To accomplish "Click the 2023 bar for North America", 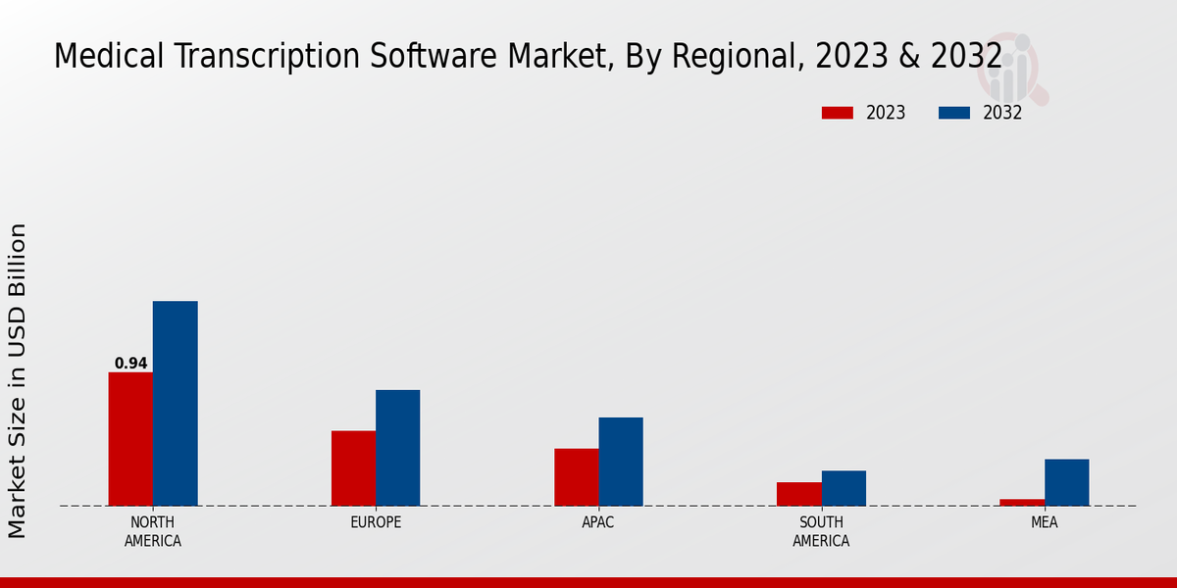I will click(x=130, y=439).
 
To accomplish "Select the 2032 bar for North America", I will click(x=175, y=404).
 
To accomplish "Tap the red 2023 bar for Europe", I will click(x=353, y=468).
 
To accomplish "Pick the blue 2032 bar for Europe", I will click(x=397, y=448).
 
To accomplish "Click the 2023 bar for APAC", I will click(x=576, y=477).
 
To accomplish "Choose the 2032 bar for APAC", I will click(x=621, y=462).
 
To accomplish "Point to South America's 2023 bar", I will click(x=798, y=494).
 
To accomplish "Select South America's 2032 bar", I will click(x=844, y=488).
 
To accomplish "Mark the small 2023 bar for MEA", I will click(x=1022, y=502).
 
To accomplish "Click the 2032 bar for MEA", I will click(x=1066, y=482).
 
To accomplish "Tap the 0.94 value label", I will click(x=130, y=364).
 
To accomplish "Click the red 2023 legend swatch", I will click(x=837, y=113).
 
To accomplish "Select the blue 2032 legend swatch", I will click(x=953, y=113).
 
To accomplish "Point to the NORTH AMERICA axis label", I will click(x=153, y=531).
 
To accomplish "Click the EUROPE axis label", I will click(x=376, y=522).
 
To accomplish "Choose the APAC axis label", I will click(x=598, y=522).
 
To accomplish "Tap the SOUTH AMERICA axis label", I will click(x=821, y=531).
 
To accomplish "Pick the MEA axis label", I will click(x=1044, y=522).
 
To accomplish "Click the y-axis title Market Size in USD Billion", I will click(x=18, y=380).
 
